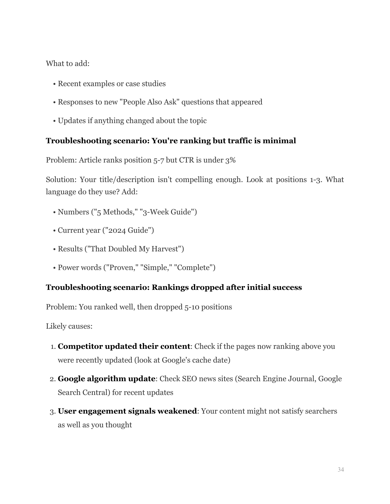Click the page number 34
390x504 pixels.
[x=340, y=469]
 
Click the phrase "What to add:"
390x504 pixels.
[x=68, y=64]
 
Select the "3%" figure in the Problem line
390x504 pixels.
[x=230, y=160]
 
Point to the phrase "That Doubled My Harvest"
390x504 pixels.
[x=134, y=249]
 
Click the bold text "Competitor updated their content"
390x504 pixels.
[x=124, y=346]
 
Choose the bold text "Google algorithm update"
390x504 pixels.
[x=106, y=379]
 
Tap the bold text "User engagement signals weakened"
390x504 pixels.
[x=127, y=411]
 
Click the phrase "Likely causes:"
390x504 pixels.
[x=69, y=326]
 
